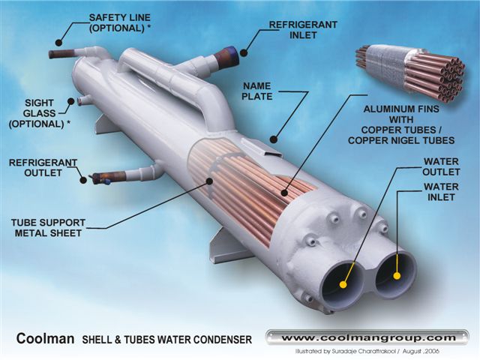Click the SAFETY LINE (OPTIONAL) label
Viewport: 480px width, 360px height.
pyautogui.click(x=120, y=22)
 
